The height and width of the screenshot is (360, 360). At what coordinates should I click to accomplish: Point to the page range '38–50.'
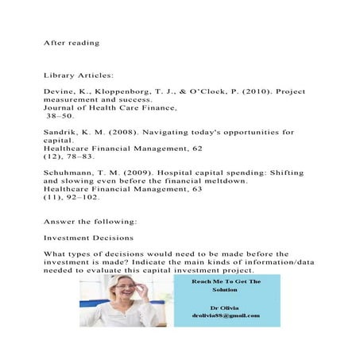point(60,116)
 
